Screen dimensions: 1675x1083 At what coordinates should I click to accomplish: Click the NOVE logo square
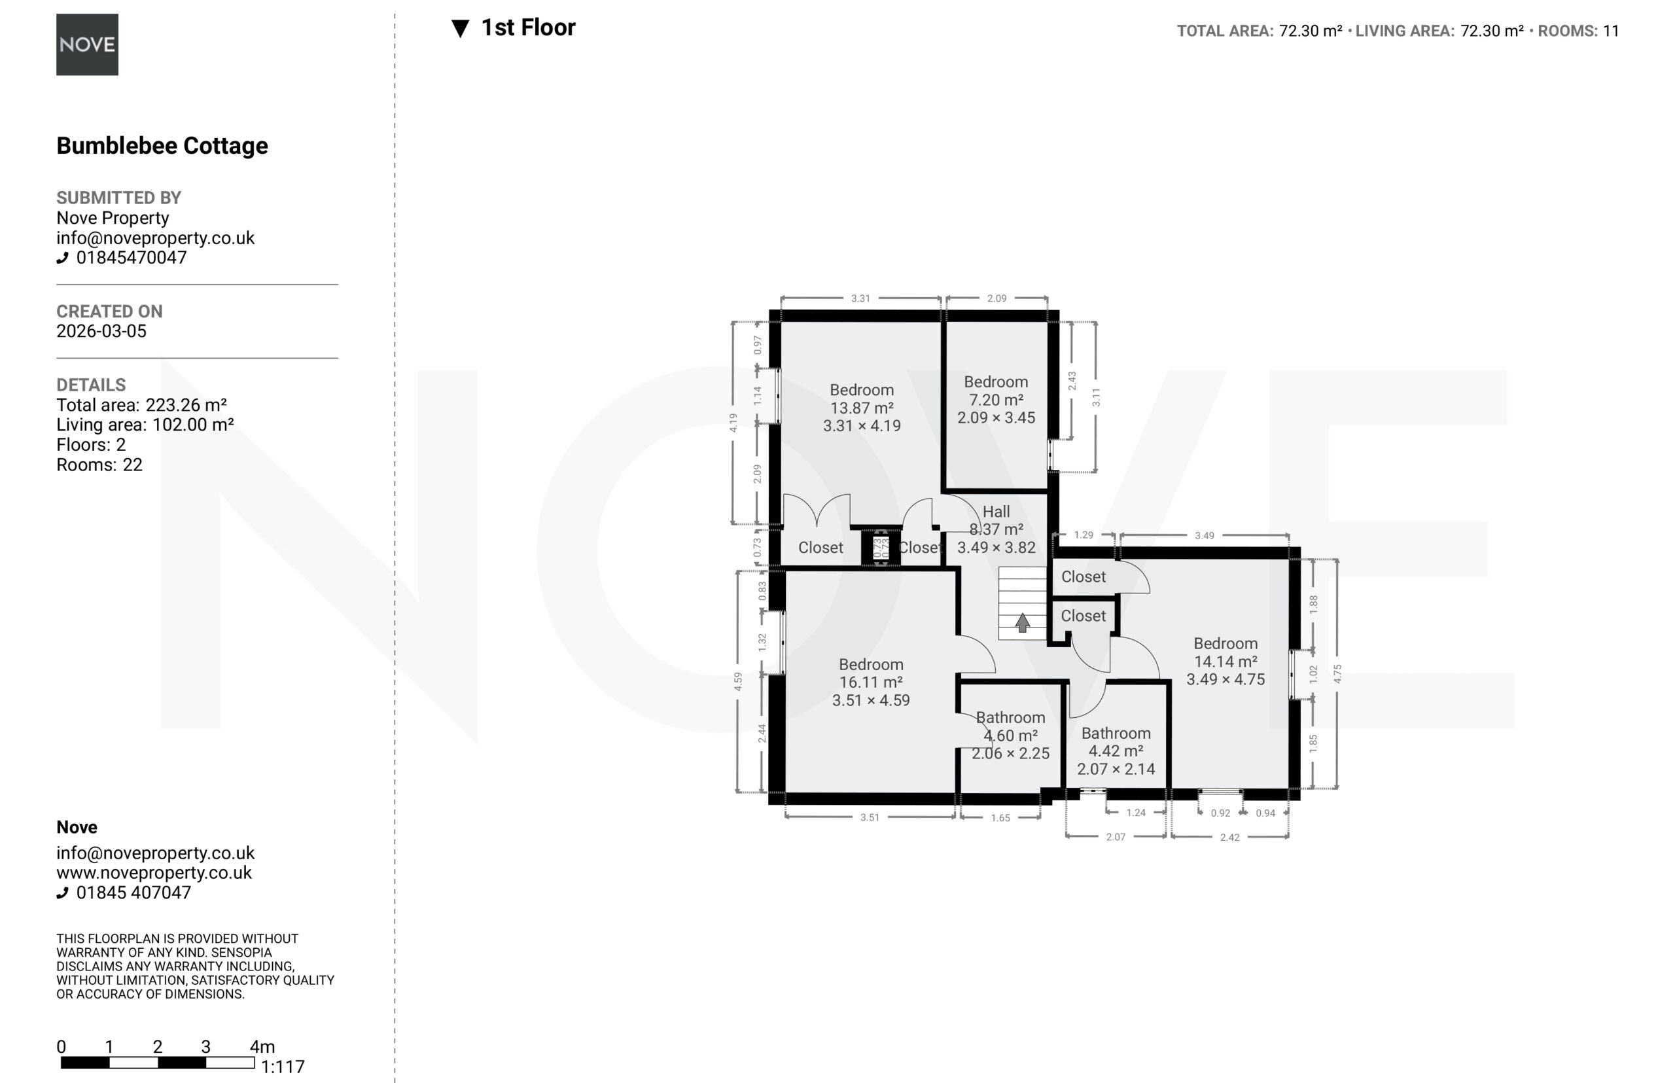point(87,44)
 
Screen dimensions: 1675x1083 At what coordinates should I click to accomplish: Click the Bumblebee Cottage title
point(162,145)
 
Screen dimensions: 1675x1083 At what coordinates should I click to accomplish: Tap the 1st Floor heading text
point(528,27)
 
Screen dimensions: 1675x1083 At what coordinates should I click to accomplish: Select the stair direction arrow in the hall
point(1023,622)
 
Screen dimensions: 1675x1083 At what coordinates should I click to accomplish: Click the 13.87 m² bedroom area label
point(862,408)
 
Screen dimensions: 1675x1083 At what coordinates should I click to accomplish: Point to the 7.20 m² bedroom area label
point(996,399)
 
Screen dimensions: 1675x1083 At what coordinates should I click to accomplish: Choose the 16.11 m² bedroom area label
point(871,682)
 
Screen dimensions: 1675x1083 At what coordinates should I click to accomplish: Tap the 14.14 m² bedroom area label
point(1225,662)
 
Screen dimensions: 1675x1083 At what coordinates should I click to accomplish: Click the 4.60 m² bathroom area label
point(1010,736)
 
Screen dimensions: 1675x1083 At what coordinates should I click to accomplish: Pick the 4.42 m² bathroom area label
point(1116,751)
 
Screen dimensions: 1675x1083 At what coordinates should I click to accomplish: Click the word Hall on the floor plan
point(996,512)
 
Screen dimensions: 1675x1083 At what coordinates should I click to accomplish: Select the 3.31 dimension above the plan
point(860,298)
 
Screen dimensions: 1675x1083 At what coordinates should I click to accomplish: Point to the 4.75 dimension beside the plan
point(1337,674)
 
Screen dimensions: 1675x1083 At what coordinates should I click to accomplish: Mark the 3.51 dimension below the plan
point(869,817)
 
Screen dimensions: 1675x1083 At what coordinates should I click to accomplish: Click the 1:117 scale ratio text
point(283,1067)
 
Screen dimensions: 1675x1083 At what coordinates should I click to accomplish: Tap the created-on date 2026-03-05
point(101,331)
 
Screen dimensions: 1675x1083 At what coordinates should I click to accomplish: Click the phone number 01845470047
point(132,257)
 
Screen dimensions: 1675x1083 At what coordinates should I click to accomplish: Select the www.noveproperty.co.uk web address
point(154,873)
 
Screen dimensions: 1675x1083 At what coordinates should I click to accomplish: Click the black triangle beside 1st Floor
point(460,29)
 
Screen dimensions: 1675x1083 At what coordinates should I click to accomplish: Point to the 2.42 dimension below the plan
point(1229,837)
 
